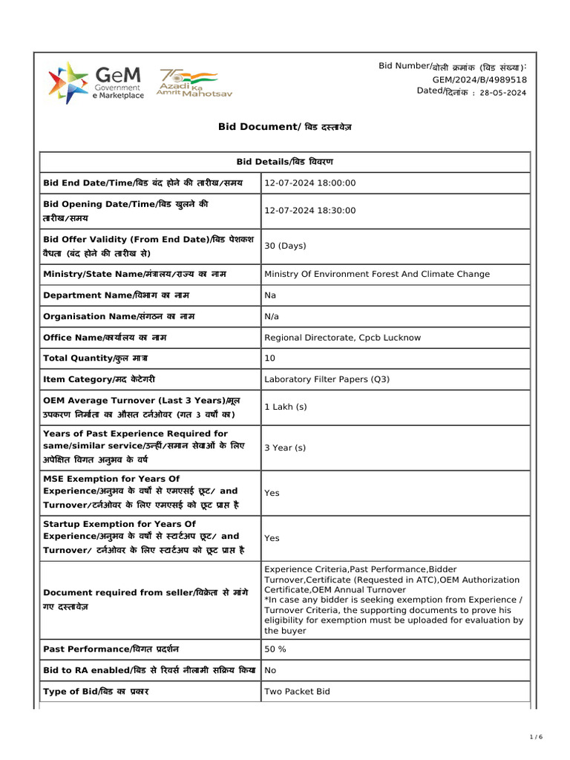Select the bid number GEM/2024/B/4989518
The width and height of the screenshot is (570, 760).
479,79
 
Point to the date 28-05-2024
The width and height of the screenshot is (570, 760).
502,92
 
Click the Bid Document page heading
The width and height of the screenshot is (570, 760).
284,127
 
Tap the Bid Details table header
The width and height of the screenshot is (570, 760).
284,162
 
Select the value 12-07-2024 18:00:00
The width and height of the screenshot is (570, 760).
310,183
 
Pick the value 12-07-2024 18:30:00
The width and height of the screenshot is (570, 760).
310,211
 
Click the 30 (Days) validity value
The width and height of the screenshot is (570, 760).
285,246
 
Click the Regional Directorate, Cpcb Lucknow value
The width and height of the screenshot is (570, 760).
342,338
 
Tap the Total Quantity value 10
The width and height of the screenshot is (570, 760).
269,358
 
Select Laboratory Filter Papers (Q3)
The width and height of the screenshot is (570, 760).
327,379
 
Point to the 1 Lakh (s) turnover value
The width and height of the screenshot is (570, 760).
285,407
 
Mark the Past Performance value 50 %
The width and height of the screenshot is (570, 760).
275,649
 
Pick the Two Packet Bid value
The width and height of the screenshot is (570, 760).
297,691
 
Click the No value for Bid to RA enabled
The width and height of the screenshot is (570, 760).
270,670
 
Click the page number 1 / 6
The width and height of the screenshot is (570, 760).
536,736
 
